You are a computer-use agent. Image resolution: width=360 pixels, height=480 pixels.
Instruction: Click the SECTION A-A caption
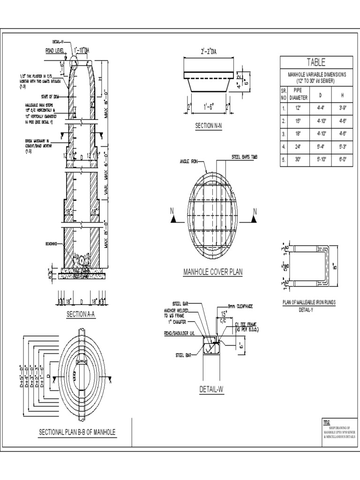point(81,315)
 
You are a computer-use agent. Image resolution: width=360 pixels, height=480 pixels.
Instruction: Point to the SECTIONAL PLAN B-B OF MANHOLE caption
point(77,431)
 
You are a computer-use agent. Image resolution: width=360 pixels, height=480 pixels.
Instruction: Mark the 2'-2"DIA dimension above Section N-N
point(209,52)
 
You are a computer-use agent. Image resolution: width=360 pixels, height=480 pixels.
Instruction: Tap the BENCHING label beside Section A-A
point(52,244)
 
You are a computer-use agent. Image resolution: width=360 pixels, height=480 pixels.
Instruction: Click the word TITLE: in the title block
point(327,423)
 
